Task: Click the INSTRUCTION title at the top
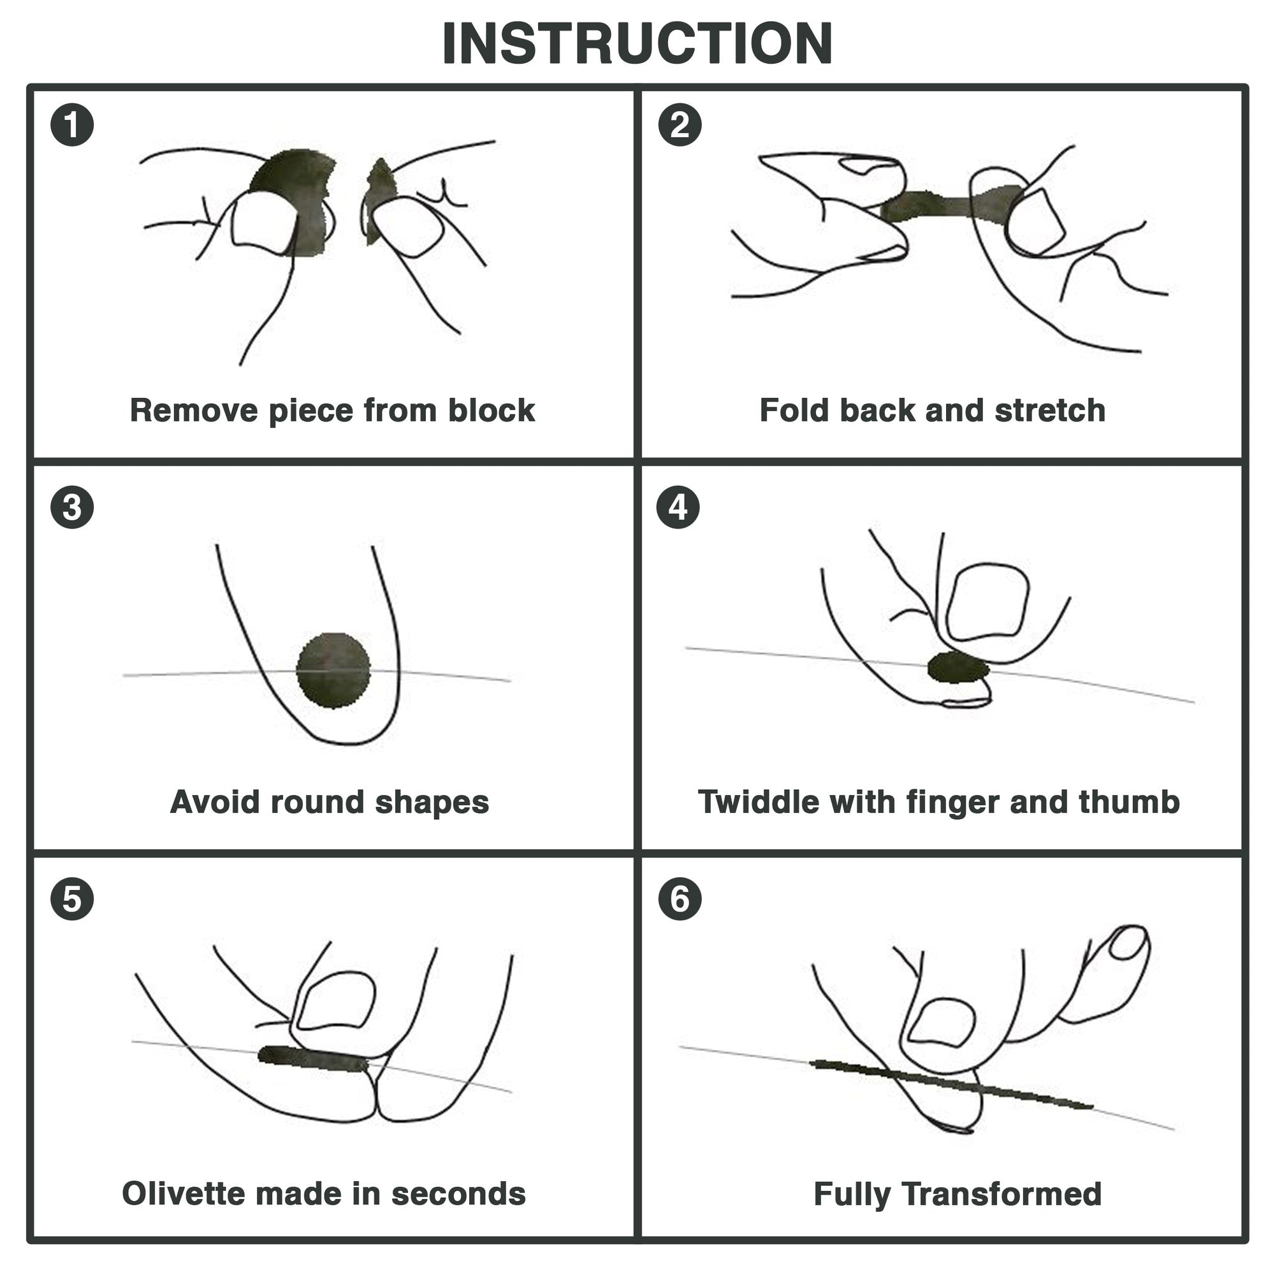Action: [637, 44]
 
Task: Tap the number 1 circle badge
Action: [72, 125]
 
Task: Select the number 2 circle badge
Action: [680, 125]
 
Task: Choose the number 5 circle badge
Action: [72, 899]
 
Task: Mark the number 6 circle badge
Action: [680, 899]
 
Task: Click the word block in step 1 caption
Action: [492, 411]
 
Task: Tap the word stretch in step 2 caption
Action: [1050, 411]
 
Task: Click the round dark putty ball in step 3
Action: [333, 671]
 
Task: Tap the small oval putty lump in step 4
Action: [958, 668]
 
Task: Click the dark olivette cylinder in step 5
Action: [314, 1058]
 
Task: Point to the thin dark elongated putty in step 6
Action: [951, 1082]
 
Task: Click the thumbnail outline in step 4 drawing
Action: [988, 601]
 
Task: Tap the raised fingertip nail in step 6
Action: [1128, 944]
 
